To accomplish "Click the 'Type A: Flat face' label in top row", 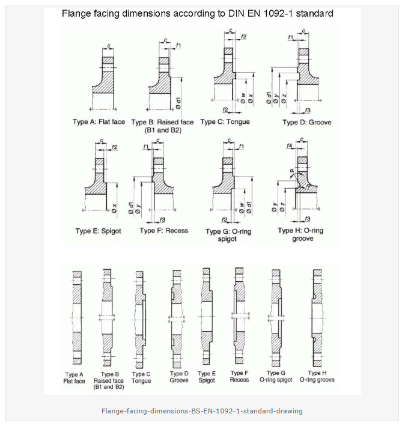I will click(x=99, y=122).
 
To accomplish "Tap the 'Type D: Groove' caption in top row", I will click(x=306, y=123).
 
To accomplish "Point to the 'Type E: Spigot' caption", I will click(x=98, y=231).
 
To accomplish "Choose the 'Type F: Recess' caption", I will click(x=163, y=231).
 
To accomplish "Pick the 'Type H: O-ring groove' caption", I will click(x=300, y=234).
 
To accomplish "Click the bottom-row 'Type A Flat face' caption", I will click(x=75, y=378).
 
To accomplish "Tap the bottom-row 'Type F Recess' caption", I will click(x=239, y=377).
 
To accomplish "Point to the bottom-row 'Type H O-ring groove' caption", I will click(x=317, y=377).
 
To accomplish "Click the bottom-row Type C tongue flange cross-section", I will click(x=140, y=318).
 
